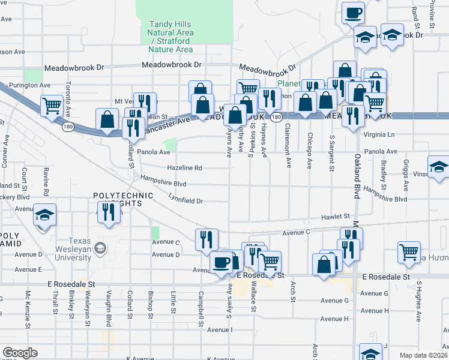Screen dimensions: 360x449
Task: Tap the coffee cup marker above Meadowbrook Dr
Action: pos(354,11)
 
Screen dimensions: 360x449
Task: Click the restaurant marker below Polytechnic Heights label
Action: pos(109,212)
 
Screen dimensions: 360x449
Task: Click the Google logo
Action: pos(20,353)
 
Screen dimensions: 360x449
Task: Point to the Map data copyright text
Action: pos(423,355)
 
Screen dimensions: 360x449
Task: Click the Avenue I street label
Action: pos(219,330)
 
